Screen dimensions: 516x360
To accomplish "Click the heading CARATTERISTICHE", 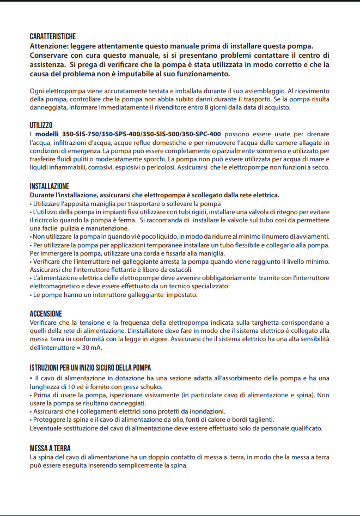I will point(52,37).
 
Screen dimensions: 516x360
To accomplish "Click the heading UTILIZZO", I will point(41,125).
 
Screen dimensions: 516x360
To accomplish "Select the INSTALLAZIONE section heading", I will point(49,186).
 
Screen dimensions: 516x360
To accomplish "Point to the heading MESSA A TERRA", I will point(50,448).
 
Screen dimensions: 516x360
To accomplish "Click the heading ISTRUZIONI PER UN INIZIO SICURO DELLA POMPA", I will point(90,367).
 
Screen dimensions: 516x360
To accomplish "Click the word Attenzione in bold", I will point(52,46).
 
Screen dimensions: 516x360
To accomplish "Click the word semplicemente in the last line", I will point(167,466).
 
